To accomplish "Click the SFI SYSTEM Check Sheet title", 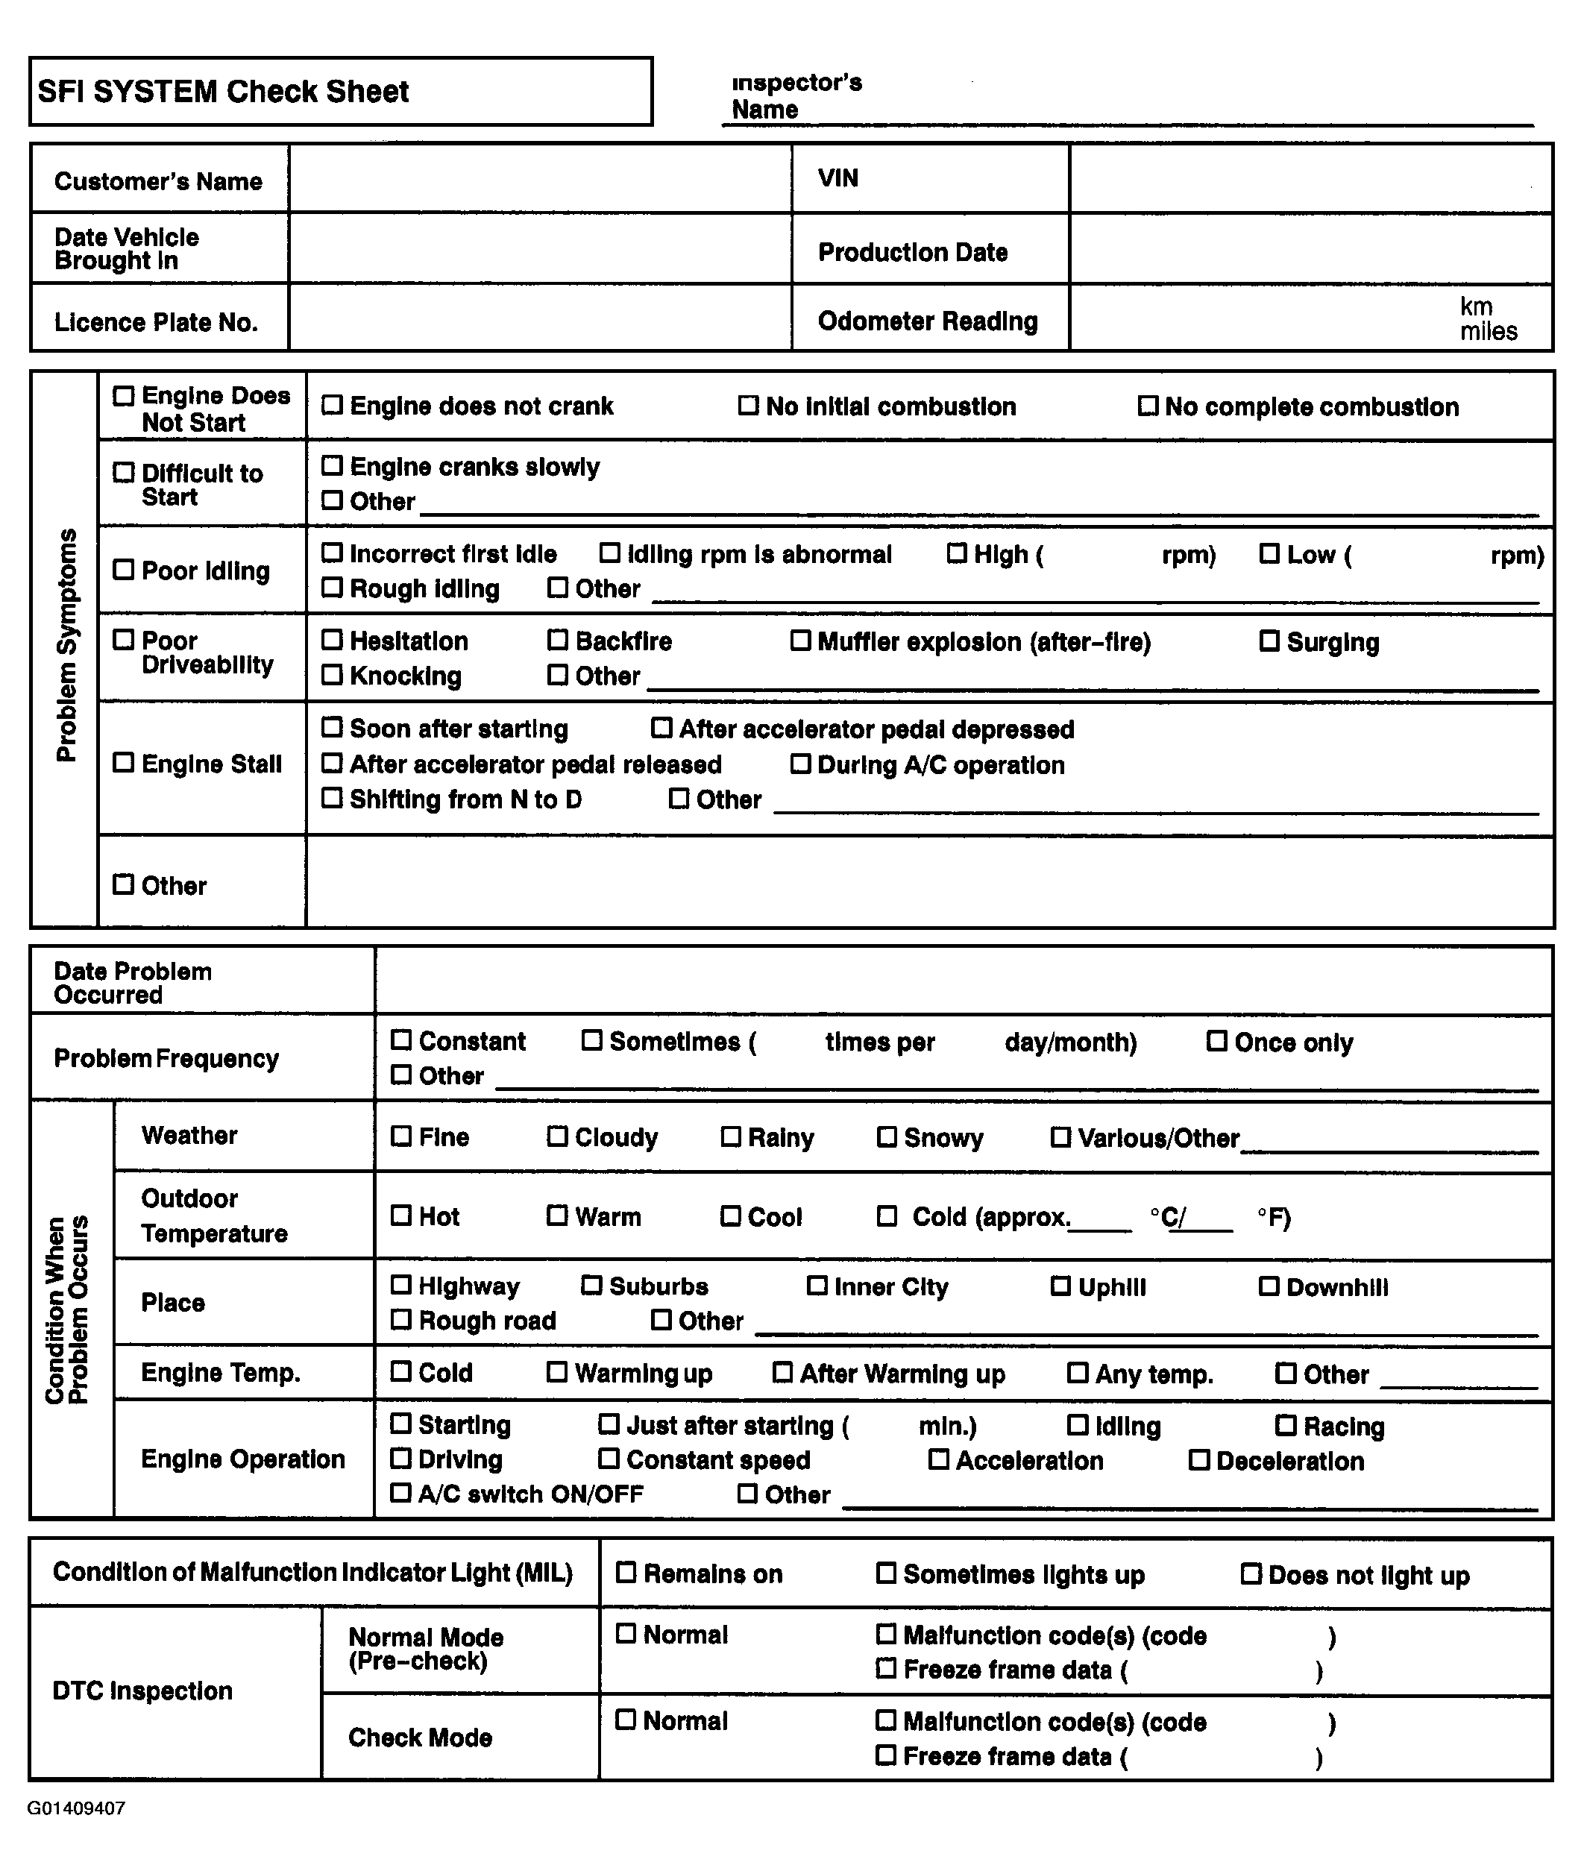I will pos(223,92).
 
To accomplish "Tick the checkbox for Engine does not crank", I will pos(333,406).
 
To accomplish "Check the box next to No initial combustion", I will pos(748,406).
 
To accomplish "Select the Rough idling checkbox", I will pos(333,588).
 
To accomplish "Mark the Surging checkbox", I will pos(1269,641).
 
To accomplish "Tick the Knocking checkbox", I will pos(333,675).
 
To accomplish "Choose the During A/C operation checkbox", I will pos(800,764).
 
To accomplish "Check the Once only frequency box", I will pos(1217,1042).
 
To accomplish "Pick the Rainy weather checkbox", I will pos(731,1137).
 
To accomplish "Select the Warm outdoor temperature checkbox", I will pos(558,1216).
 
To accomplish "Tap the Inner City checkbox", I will pos(817,1286).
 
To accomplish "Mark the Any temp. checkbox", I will pos(1078,1374).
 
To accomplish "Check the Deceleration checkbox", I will pos(1198,1461).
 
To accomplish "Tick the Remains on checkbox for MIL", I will pos(626,1573).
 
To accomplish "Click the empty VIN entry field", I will pos(1310,179).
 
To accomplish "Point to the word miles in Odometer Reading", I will pos(1488,332).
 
